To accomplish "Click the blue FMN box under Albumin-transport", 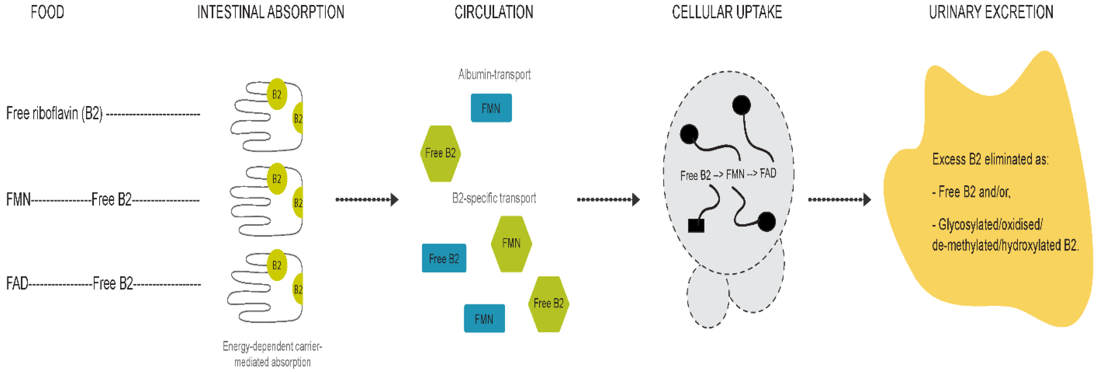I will (491, 108).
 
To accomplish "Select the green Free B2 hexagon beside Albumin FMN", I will (440, 153).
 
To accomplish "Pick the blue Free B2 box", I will (444, 258).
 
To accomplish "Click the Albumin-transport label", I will (494, 75).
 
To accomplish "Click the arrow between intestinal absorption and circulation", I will (367, 199).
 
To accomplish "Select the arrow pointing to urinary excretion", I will (839, 199).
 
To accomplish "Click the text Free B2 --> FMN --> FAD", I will (728, 174).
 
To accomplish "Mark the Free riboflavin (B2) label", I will (54, 113).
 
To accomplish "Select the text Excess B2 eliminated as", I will (990, 159).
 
